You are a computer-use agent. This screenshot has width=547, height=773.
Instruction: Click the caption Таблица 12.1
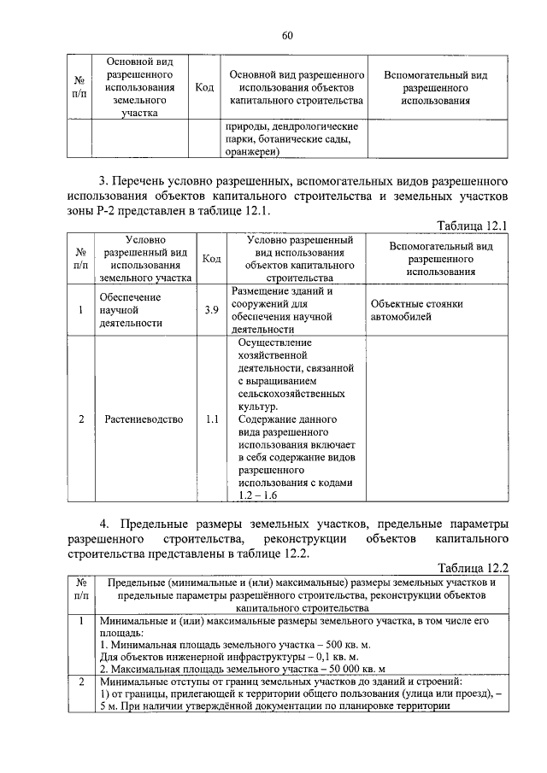point(473,225)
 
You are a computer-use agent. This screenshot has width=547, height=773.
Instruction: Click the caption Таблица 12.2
point(473,567)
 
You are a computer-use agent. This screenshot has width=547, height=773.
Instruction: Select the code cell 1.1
point(211,420)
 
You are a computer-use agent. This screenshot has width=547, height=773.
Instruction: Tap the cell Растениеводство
point(144,420)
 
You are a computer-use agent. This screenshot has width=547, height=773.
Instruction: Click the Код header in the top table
point(204,88)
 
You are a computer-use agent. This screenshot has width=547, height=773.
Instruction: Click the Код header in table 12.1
point(211,258)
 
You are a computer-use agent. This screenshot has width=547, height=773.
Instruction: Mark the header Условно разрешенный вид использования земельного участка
point(144,258)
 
